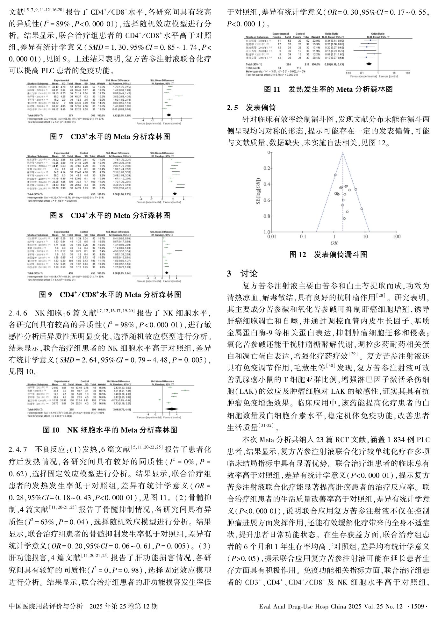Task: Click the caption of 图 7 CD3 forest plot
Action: (x=110, y=137)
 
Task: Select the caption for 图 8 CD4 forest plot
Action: (x=110, y=215)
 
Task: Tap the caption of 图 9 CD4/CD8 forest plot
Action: (x=110, y=294)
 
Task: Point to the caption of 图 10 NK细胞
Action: (x=110, y=430)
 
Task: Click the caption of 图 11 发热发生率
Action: (x=328, y=90)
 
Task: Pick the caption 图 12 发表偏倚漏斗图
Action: (x=328, y=255)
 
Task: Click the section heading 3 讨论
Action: (x=242, y=274)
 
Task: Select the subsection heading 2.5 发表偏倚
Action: (x=251, y=108)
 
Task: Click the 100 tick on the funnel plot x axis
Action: (x=396, y=237)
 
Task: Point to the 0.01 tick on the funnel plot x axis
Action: (x=271, y=237)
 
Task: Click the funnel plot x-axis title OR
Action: (x=334, y=243)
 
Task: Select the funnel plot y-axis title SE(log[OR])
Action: (x=259, y=191)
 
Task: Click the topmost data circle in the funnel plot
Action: (x=335, y=175)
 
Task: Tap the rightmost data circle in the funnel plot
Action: (x=362, y=209)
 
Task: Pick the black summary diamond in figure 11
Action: (x=369, y=64)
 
